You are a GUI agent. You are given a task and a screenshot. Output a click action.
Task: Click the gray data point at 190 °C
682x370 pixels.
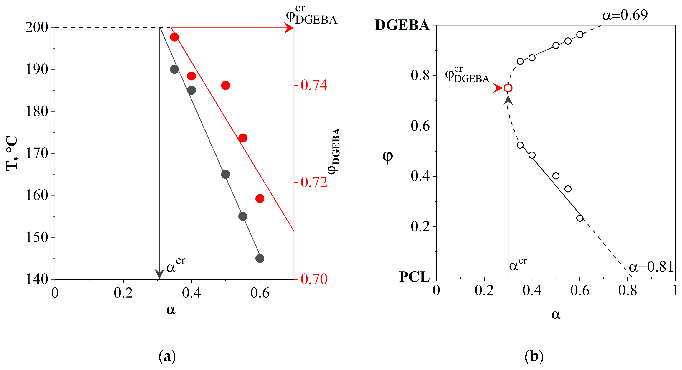pyautogui.click(x=174, y=69)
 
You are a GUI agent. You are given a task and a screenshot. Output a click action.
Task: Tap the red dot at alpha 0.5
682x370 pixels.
pyautogui.click(x=225, y=85)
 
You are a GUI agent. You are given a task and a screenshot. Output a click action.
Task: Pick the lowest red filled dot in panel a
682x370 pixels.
pyautogui.click(x=260, y=198)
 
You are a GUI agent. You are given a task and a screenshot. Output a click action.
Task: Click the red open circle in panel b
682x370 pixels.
pyautogui.click(x=508, y=88)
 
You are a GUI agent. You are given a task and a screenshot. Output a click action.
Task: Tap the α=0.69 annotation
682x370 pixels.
pyautogui.click(x=625, y=15)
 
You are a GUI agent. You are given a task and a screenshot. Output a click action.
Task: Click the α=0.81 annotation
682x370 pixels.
pyautogui.click(x=651, y=267)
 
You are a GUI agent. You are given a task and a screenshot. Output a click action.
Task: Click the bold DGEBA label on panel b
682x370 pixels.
pyautogui.click(x=402, y=25)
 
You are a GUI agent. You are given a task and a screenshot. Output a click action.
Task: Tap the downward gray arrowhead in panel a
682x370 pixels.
pyautogui.click(x=159, y=274)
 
